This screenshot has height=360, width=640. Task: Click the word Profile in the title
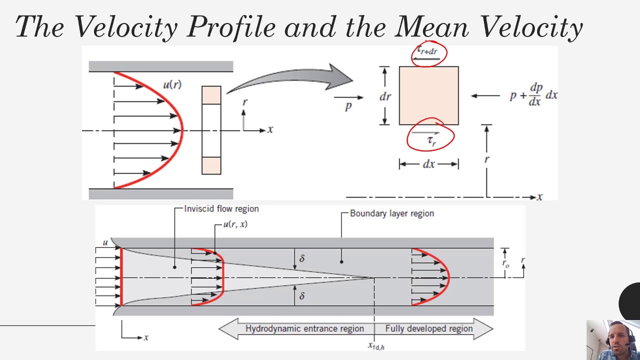point(231,27)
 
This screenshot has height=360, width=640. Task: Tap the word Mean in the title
point(431,26)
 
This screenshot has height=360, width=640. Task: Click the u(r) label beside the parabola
point(172,84)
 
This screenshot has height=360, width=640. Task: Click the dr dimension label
point(385,96)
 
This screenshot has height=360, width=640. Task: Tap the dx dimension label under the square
point(428,164)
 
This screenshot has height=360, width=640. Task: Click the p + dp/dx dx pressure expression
point(533,95)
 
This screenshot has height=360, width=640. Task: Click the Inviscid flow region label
point(221,209)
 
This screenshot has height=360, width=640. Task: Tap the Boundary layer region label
point(391,213)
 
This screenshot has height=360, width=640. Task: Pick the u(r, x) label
point(235,224)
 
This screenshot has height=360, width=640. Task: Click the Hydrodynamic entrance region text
point(304,328)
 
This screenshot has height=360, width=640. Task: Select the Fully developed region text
point(429,328)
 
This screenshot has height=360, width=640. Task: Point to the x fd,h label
point(376,346)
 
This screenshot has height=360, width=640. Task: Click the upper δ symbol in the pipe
point(302,258)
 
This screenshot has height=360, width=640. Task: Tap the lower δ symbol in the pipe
point(302,295)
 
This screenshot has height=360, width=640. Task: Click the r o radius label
point(505,263)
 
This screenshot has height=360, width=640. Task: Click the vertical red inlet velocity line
point(121,277)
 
